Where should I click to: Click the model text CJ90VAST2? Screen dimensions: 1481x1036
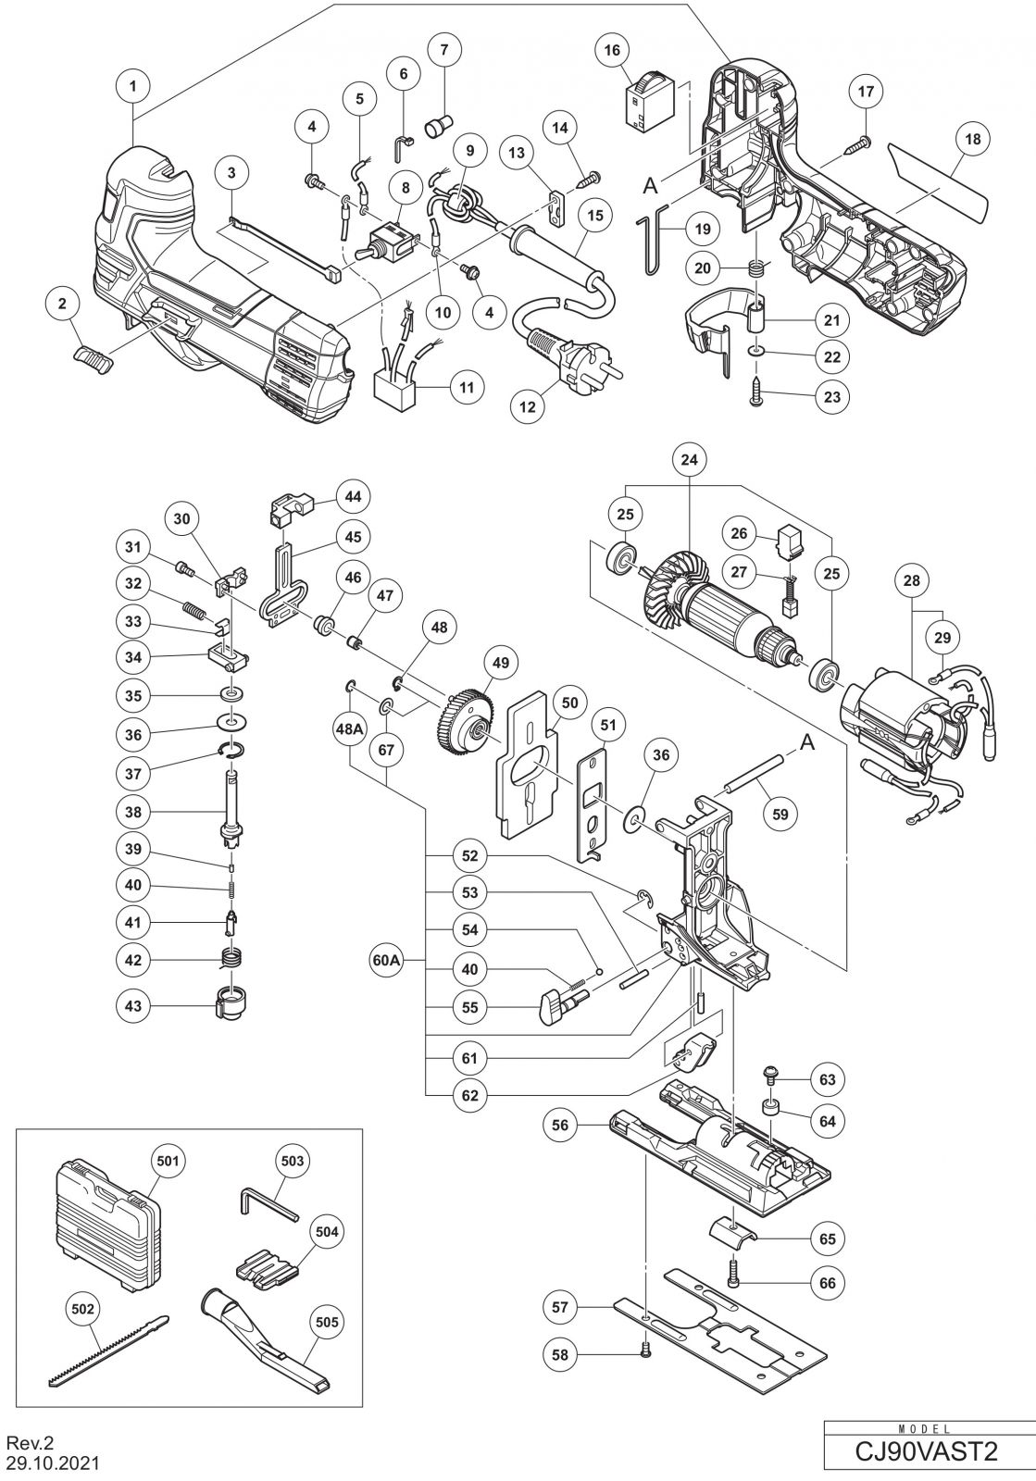point(928,1450)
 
